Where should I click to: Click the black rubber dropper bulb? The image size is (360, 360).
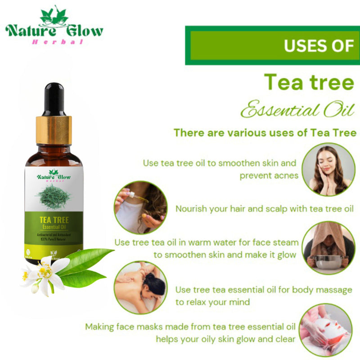tap(54, 96)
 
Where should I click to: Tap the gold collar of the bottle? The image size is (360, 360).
tap(54, 130)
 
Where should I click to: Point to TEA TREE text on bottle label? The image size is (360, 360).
tap(54, 220)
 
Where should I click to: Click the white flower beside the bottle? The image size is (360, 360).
tap(43, 272)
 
